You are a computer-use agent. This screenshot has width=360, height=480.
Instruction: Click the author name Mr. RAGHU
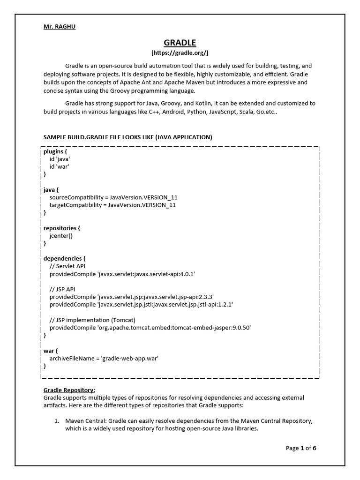(x=60, y=27)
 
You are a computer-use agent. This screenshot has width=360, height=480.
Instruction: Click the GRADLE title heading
(x=180, y=43)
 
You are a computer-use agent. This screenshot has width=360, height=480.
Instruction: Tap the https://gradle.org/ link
(x=180, y=53)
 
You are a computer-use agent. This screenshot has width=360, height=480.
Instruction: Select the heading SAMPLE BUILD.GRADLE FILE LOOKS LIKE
(x=127, y=137)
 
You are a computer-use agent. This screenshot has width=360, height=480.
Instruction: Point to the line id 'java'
(x=60, y=159)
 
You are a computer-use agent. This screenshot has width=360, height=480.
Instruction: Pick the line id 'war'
(x=59, y=167)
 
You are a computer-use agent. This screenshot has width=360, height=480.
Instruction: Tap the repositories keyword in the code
(x=62, y=228)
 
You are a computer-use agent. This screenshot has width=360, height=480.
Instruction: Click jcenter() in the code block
(x=61, y=236)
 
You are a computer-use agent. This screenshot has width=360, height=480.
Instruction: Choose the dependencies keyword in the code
(x=65, y=258)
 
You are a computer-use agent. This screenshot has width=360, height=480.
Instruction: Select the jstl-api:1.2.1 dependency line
(x=141, y=304)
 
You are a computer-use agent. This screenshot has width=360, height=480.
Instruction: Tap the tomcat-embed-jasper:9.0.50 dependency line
(x=150, y=328)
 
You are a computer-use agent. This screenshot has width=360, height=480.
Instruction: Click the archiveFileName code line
(x=104, y=358)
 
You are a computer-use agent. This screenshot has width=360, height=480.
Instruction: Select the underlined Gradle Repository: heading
(x=69, y=390)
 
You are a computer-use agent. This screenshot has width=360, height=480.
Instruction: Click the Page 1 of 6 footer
(x=301, y=448)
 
